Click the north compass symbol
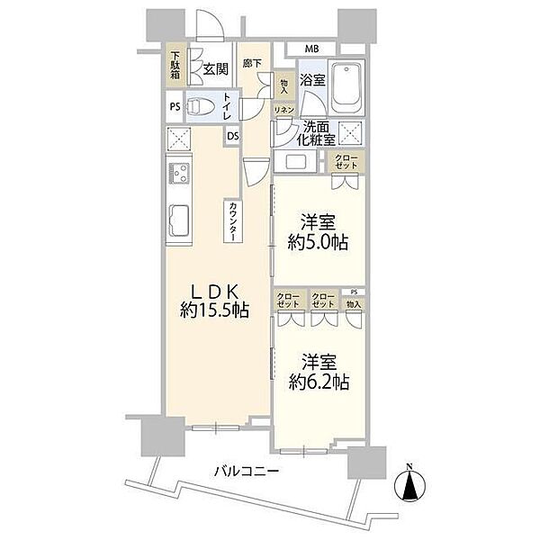409,485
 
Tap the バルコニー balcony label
247,471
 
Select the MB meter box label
311,49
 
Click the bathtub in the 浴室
346,87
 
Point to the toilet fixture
201,106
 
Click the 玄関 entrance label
216,69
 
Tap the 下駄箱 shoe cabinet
175,65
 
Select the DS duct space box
233,136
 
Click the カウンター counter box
233,220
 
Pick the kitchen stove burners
179,174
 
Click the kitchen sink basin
179,220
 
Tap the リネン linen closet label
284,110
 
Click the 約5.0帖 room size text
319,242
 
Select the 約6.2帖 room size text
319,382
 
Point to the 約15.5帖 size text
214,310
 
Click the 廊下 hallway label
252,63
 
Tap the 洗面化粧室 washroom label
316,133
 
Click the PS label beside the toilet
175,107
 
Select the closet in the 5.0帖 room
346,162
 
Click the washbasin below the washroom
295,161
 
